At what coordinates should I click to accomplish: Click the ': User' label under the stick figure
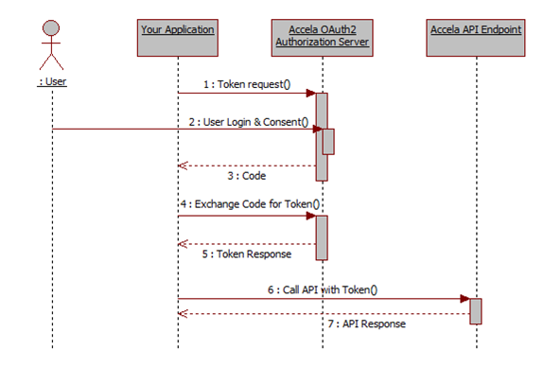click(52, 81)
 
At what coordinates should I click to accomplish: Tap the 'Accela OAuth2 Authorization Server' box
click(322, 36)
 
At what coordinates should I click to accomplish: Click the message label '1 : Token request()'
click(247, 84)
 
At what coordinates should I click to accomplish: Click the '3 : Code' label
click(247, 175)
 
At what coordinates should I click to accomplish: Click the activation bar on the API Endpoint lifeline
click(475, 310)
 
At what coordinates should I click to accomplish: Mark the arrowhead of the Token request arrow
click(311, 94)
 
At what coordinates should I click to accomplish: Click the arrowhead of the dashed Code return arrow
click(183, 166)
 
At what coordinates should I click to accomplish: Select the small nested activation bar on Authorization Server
click(328, 141)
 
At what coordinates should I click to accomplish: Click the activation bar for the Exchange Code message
click(322, 236)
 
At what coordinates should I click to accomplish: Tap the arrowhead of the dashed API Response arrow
click(183, 313)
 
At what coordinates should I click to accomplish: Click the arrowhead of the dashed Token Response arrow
click(183, 243)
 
